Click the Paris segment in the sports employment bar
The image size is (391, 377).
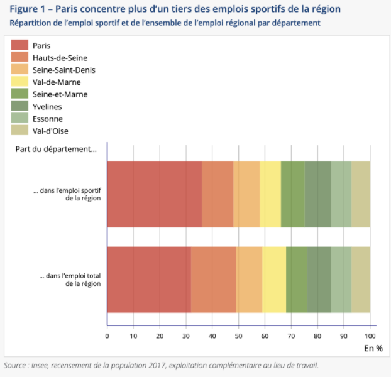tap(155, 194)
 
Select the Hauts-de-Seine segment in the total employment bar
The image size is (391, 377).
tap(213, 280)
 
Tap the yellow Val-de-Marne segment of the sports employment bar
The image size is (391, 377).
tap(270, 194)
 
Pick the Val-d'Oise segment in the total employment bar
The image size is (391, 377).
tap(360, 280)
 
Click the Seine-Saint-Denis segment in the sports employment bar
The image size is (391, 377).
tap(246, 194)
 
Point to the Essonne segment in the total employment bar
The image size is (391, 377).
tap(341, 280)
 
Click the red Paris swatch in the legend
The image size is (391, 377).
tap(19, 45)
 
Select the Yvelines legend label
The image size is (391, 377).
tap(47, 107)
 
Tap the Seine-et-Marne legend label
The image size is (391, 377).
tap(60, 94)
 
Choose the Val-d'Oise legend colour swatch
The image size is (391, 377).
tap(19, 131)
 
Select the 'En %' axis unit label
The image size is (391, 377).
tap(373, 347)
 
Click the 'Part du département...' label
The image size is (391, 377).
tap(55, 150)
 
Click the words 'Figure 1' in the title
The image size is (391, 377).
tap(27, 9)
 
